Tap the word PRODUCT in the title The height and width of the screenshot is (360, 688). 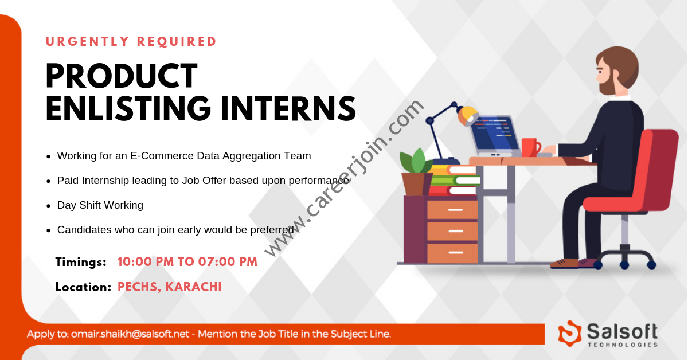pyautogui.click(x=122, y=76)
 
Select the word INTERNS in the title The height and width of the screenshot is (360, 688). pyautogui.click(x=288, y=108)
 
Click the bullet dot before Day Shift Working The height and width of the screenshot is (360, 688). pyautogui.click(x=48, y=206)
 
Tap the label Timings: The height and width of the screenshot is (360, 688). pyautogui.click(x=81, y=262)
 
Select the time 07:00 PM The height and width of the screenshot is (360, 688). pyautogui.click(x=228, y=262)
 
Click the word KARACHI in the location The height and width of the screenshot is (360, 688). pyautogui.click(x=193, y=287)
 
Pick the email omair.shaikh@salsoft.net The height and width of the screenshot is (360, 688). pyautogui.click(x=130, y=334)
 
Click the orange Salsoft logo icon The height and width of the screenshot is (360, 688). pyautogui.click(x=570, y=333)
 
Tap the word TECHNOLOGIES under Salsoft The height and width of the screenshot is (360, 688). pyautogui.click(x=623, y=345)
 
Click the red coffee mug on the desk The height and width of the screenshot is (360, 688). pyautogui.click(x=531, y=147)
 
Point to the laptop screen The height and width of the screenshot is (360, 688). pyautogui.click(x=492, y=131)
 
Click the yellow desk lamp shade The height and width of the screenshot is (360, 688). pyautogui.click(x=468, y=115)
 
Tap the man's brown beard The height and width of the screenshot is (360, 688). pyautogui.click(x=608, y=84)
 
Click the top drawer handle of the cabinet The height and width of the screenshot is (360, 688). pyautogui.click(x=455, y=210)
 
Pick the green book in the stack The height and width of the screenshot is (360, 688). pyautogui.click(x=455, y=181)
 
